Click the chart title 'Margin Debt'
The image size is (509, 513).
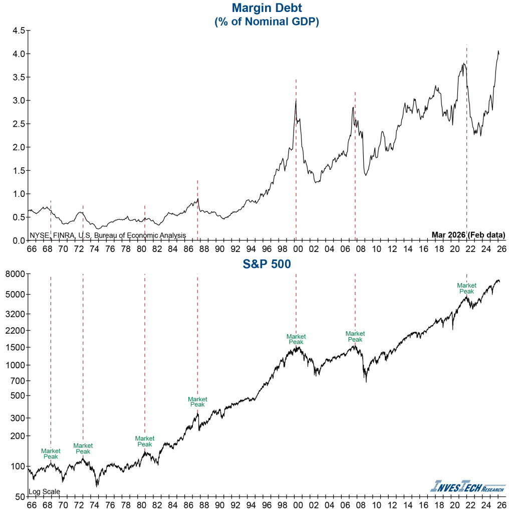click(267, 8)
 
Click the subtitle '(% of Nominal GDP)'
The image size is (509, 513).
click(267, 22)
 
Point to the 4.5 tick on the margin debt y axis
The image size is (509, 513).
click(19, 31)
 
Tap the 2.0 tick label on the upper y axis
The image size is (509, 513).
click(19, 147)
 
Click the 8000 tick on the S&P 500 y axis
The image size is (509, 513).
click(15, 274)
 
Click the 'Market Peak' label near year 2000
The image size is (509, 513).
click(296, 339)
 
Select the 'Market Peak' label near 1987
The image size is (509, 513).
click(197, 402)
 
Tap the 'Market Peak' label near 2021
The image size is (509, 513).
click(466, 288)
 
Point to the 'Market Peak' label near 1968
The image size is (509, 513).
click(51, 453)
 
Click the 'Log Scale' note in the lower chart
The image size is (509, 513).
click(45, 491)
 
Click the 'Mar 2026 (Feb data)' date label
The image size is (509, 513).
click(468, 234)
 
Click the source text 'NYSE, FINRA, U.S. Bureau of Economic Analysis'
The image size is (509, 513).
click(108, 235)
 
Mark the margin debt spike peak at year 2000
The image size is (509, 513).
click(296, 100)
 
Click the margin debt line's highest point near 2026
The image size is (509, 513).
click(498, 51)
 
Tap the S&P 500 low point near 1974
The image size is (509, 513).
click(97, 485)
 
